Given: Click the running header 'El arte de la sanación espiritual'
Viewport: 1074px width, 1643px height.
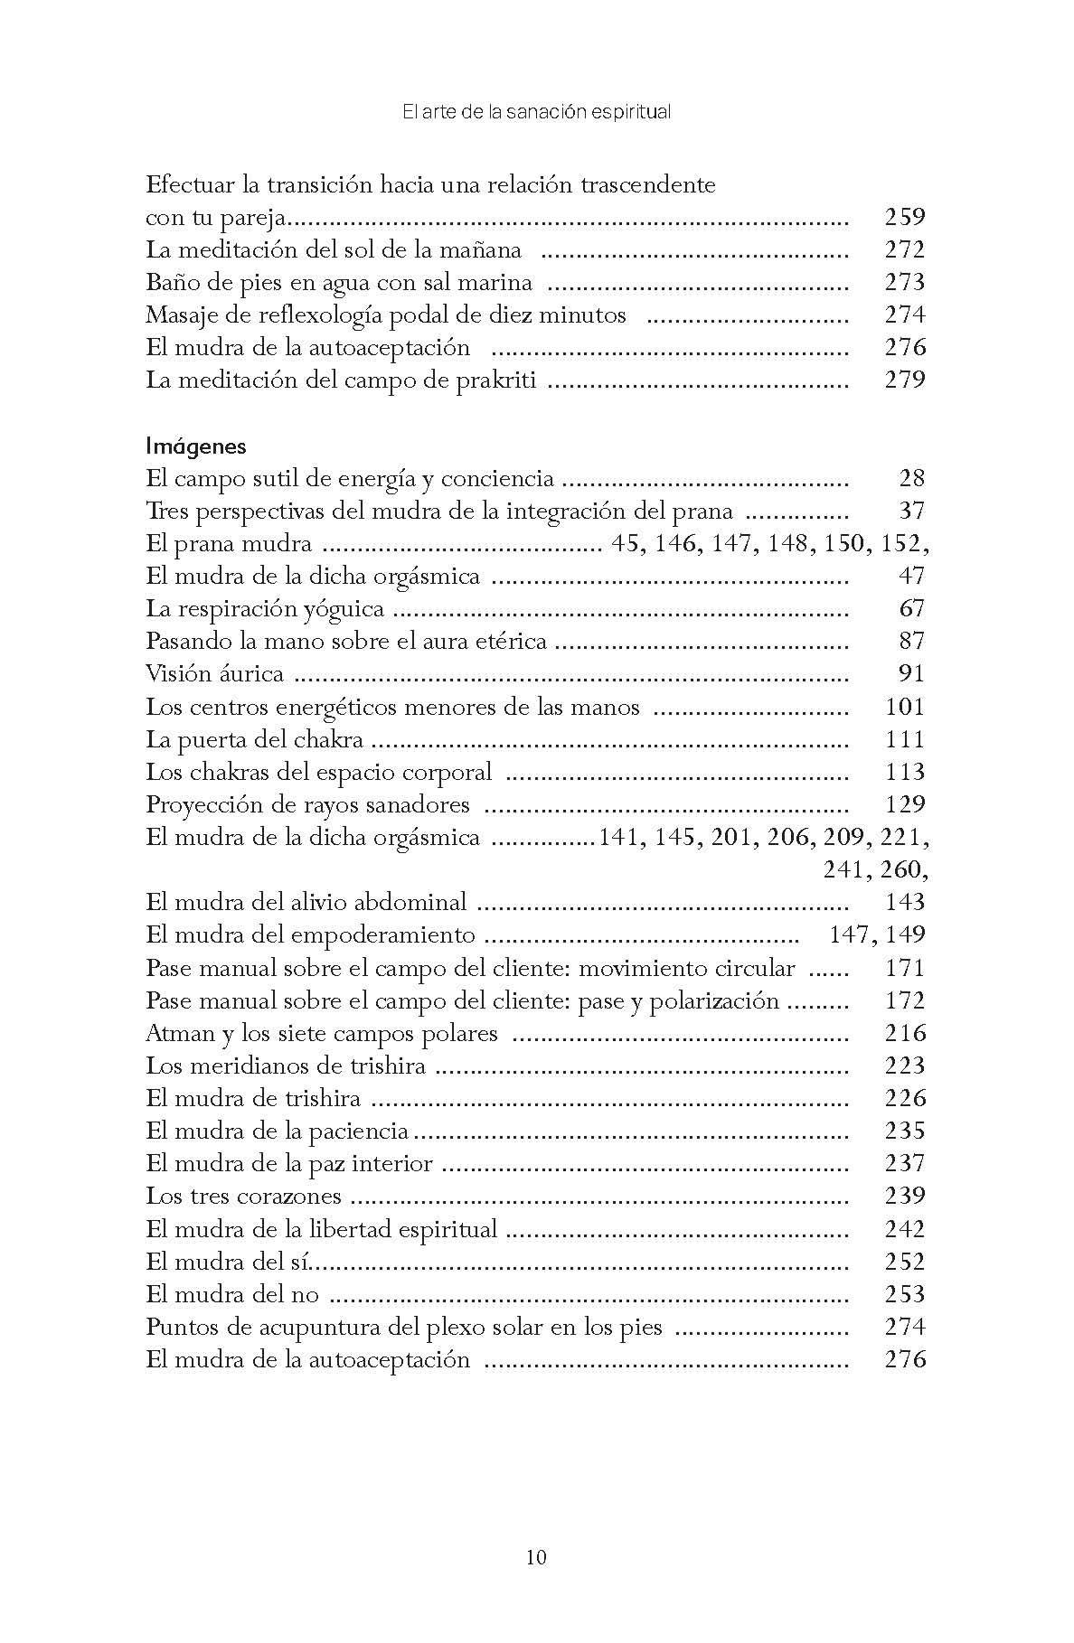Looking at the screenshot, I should point(536,113).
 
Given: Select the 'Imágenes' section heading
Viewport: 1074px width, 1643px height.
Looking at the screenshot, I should point(196,446).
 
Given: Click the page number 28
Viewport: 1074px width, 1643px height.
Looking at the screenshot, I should point(912,479).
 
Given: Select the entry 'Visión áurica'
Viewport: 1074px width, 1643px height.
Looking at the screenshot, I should point(215,674).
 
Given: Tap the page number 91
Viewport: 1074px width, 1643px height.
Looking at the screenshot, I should point(912,674).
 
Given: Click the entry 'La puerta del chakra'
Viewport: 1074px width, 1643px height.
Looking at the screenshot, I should point(254,739).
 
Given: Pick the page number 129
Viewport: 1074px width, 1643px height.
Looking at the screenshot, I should point(905,804).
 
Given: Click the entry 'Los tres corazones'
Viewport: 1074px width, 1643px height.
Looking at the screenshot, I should point(243,1197).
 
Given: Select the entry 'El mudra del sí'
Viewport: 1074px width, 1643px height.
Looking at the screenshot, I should point(231,1262).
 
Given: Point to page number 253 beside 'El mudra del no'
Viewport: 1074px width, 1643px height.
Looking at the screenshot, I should point(905,1294).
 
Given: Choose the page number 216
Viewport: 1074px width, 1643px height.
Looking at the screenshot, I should point(905,1033).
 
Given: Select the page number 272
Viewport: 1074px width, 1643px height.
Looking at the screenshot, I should point(905,250).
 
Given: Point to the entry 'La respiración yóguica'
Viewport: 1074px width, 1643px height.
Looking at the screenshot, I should point(265,609).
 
